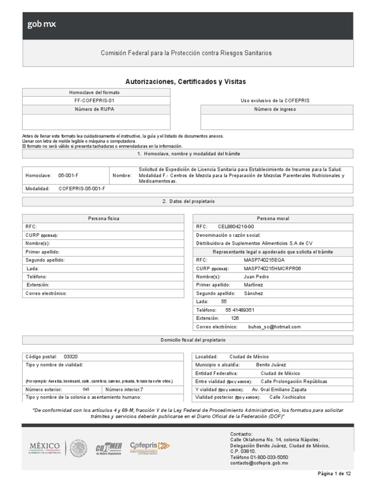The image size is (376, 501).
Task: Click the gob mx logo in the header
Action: coord(42,25)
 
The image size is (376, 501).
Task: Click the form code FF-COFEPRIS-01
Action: coord(96,100)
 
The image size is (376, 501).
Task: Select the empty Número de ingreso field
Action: coord(277,121)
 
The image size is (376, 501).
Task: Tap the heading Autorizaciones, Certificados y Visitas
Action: coord(186,81)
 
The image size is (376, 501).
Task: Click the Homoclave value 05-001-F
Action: coord(68,175)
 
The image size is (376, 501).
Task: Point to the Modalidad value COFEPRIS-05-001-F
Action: coord(82,188)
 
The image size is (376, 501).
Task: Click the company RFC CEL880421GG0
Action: coord(236,227)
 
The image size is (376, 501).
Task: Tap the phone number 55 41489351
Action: coord(240,310)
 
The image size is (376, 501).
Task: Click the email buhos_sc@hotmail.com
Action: coord(274,326)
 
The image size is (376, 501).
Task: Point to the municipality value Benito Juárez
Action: coord(271,364)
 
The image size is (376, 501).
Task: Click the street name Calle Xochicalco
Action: coord(287,397)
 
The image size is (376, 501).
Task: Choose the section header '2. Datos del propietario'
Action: coord(188,201)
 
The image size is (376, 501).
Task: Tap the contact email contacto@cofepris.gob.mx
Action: coord(259,462)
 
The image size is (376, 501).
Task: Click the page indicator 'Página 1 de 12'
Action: coord(334,474)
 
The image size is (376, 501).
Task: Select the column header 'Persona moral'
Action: coord(273,218)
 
